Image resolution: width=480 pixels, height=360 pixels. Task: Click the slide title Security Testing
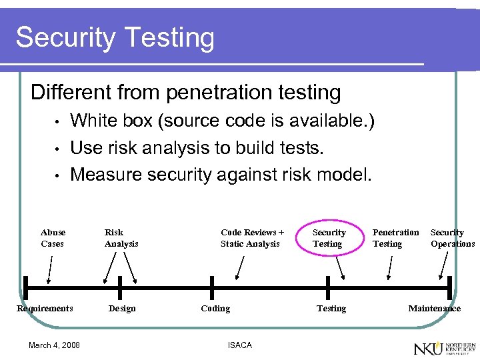pos(115,38)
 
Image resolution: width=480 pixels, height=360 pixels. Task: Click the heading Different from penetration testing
pos(186,92)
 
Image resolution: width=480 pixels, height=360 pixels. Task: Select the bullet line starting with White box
pos(222,121)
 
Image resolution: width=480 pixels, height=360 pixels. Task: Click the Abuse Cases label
pos(53,238)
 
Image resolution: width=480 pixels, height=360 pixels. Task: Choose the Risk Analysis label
pos(121,238)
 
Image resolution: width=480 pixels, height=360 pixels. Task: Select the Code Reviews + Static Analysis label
pos(252,238)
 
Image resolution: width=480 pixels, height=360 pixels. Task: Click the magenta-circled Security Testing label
pos(329,238)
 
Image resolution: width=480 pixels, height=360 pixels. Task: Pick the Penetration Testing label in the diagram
pos(395,238)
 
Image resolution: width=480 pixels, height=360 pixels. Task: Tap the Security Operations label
pos(453,238)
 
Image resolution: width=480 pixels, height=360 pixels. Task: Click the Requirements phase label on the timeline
pos(45,309)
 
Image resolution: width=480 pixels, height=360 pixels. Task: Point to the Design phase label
pos(122,309)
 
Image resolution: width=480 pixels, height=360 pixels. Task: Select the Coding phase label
pos(215,309)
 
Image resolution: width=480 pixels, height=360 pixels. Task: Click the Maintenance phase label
pos(435,309)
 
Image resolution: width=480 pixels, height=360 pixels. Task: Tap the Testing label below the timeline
pos(331,309)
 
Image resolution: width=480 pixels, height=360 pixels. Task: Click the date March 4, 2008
pos(54,345)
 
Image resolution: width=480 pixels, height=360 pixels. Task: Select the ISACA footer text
pos(240,345)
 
